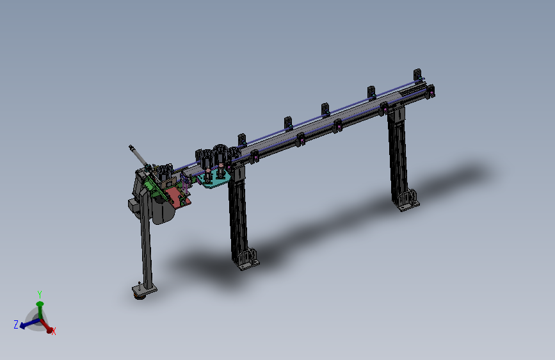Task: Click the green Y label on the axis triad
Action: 40,295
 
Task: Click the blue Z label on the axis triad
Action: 16,324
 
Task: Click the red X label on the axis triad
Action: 54,331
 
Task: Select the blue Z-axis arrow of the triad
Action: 29,323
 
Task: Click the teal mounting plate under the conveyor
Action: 214,179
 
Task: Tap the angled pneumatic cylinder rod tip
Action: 130,147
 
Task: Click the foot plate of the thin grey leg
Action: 145,290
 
